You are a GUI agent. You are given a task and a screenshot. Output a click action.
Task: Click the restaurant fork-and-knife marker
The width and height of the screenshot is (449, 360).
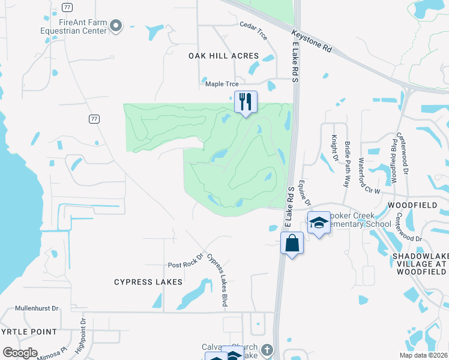point(246,101)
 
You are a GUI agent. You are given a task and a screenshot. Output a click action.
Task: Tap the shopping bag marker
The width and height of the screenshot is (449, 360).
point(292,243)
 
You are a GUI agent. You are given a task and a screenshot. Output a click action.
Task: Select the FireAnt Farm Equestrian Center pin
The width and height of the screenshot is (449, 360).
point(116,25)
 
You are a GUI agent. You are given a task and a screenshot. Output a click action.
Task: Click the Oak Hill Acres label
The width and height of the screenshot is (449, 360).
point(223,56)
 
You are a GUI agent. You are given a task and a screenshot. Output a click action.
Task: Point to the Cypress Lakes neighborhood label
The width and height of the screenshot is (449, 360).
point(148,281)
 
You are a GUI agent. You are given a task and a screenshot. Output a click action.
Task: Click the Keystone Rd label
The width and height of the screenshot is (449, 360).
point(312,41)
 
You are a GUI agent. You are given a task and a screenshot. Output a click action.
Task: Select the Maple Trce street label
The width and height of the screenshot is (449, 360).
point(223,84)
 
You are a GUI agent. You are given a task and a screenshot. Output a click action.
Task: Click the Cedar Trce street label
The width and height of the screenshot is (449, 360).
point(253,29)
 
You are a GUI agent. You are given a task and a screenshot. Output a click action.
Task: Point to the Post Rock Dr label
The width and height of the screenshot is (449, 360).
point(186,262)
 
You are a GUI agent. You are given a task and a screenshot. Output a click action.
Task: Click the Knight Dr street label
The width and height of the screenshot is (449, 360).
point(335,145)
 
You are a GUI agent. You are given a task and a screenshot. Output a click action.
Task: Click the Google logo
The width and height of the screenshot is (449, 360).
point(20,353)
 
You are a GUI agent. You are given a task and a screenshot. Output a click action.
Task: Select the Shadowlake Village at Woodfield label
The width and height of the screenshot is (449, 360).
point(420,263)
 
